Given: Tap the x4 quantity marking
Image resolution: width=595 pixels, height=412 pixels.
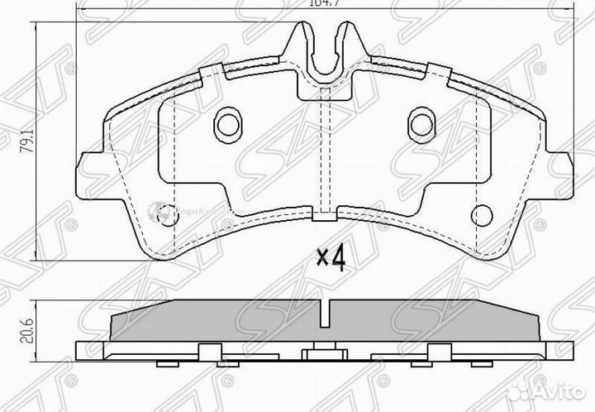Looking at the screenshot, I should coord(331,259).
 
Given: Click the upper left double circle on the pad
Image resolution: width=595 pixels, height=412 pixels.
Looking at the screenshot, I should coord(226,123).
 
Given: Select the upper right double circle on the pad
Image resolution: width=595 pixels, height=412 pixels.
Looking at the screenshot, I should coord(421,123).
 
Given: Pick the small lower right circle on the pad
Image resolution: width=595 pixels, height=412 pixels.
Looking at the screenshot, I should coord(480,213).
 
